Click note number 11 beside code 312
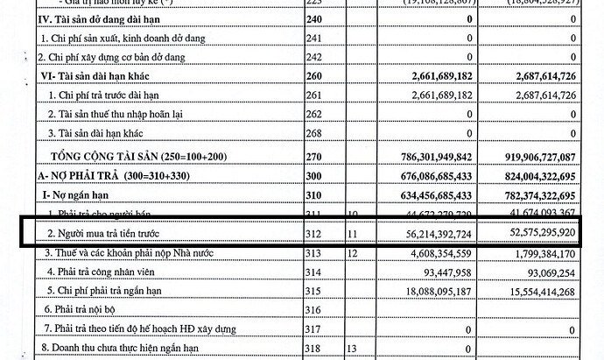[x=354, y=235]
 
